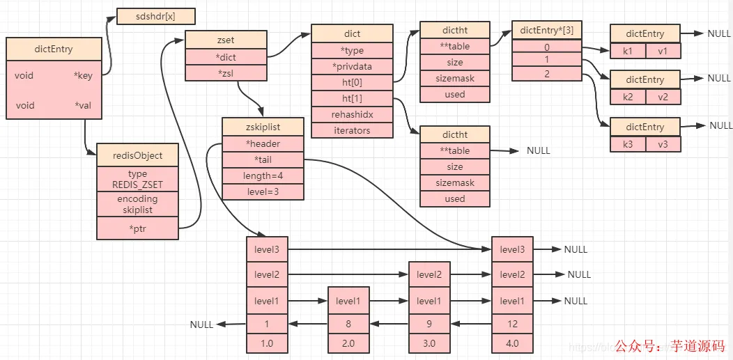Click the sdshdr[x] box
(155, 16)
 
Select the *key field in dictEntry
(83, 76)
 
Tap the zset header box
(226, 40)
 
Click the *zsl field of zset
(226, 72)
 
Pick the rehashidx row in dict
(351, 114)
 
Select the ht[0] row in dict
(351, 82)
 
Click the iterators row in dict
(351, 130)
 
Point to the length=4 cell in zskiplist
(263, 175)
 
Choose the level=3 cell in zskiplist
(263, 191)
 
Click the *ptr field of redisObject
(137, 228)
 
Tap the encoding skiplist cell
(137, 204)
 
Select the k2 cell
(628, 96)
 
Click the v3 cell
(663, 143)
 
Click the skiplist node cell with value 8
(348, 323)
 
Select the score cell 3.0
(429, 343)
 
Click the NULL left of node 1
(202, 324)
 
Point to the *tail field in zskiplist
(263, 159)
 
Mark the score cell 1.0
(266, 343)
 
